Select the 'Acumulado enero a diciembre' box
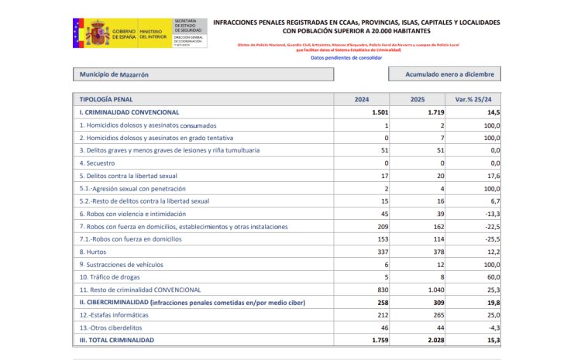click(x=443, y=74)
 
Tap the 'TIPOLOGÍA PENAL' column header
click(x=106, y=100)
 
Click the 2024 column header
click(x=362, y=100)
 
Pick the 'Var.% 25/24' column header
click(x=474, y=100)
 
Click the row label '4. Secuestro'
click(x=98, y=163)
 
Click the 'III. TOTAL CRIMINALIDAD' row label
click(x=116, y=340)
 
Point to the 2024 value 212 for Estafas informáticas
click(x=380, y=315)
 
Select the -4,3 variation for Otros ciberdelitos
click(x=491, y=327)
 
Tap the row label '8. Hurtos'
click(x=95, y=252)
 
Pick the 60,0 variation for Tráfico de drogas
click(x=491, y=276)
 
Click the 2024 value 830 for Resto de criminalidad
click(x=380, y=290)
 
